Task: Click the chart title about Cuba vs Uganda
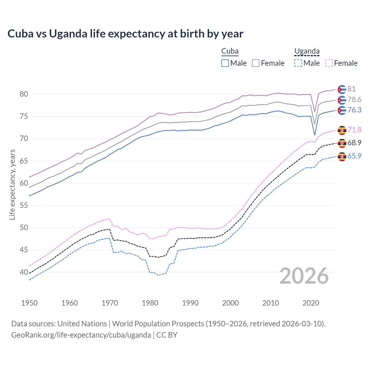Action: click(125, 34)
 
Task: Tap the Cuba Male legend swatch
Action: click(225, 63)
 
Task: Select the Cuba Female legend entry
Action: click(268, 63)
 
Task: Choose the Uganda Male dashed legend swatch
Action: click(298, 63)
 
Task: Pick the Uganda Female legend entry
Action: click(341, 63)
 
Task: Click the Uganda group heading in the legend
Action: click(307, 51)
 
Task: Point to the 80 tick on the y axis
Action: click(24, 94)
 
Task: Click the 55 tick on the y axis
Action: click(24, 206)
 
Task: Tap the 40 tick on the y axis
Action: click(24, 272)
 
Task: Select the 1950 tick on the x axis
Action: click(29, 303)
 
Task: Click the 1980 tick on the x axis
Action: click(150, 303)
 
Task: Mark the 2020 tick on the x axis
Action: click(311, 303)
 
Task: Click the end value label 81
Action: click(351, 89)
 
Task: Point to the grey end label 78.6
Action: click(354, 99)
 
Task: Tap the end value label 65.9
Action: click(354, 156)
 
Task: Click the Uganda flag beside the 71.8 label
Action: click(342, 130)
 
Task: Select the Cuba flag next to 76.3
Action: click(342, 110)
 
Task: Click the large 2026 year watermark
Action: click(304, 276)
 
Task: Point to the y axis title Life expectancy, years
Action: click(12, 184)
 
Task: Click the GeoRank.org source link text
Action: click(81, 335)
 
